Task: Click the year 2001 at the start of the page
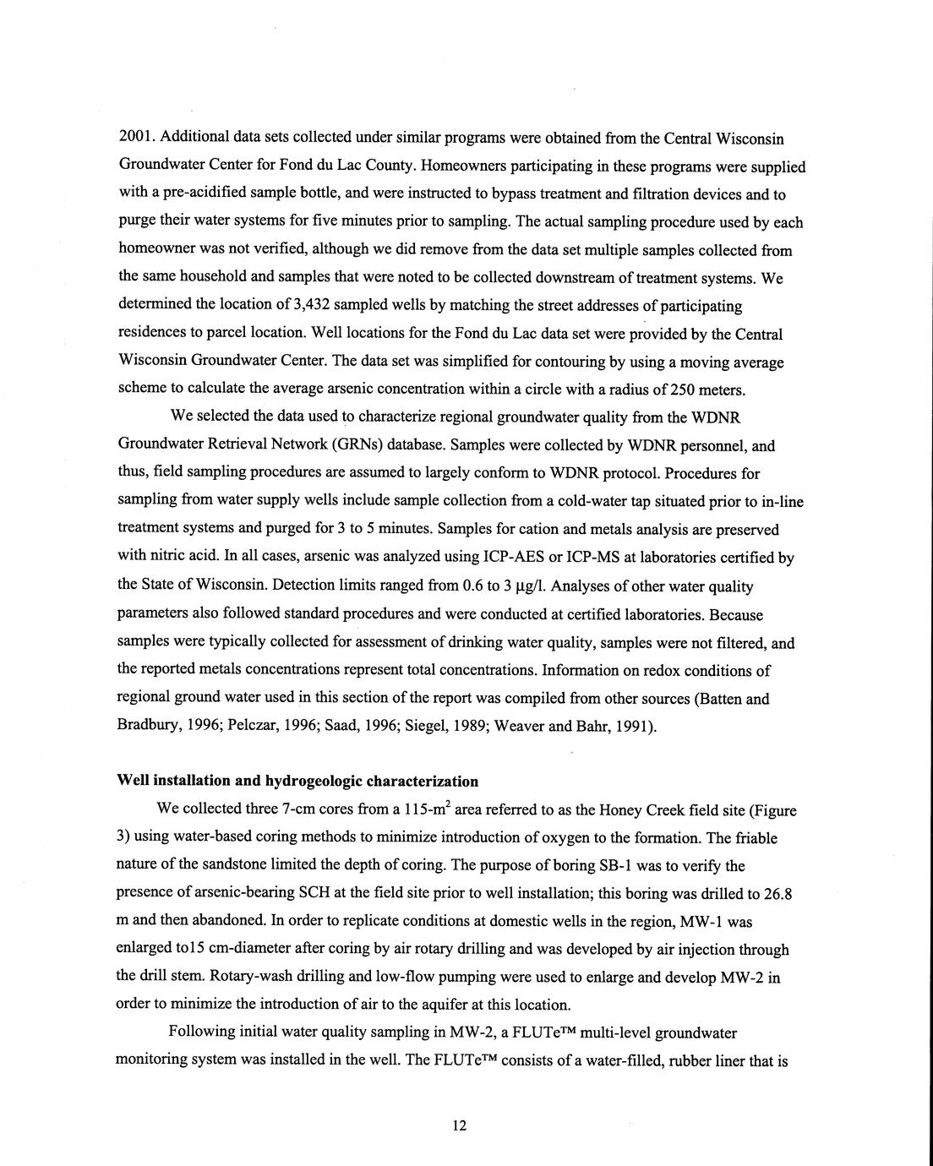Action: point(134,137)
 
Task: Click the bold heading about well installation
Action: point(297,781)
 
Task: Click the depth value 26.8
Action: point(778,893)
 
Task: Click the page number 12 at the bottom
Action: point(460,1125)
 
